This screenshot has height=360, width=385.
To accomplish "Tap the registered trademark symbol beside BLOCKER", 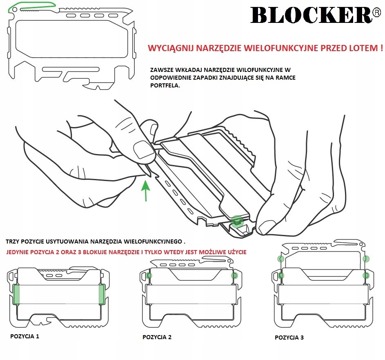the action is click(x=377, y=13).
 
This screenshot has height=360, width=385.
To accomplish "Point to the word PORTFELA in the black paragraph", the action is click(x=165, y=85).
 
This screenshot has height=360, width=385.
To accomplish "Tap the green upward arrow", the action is click(x=146, y=191).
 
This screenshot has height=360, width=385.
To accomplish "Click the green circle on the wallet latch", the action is click(x=237, y=221).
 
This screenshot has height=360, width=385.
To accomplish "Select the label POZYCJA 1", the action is click(x=25, y=336).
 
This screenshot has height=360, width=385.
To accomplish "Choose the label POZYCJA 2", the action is click(x=157, y=337).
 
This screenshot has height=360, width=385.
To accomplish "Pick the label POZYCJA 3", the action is click(x=289, y=338).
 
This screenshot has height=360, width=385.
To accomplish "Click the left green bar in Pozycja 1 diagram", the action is click(x=16, y=294).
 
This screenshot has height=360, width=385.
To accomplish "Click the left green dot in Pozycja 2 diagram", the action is click(x=149, y=275).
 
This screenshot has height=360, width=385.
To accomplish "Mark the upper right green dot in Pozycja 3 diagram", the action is click(x=366, y=259).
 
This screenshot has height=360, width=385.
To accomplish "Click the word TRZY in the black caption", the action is click(x=12, y=241).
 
